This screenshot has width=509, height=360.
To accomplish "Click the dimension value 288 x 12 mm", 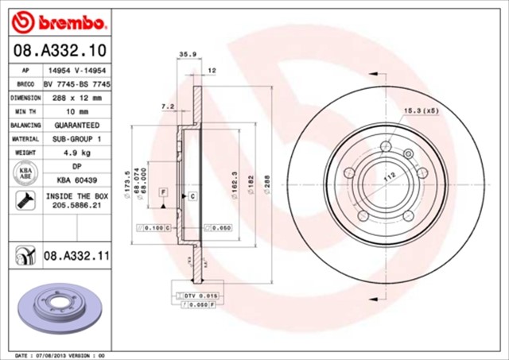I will (x=77, y=98).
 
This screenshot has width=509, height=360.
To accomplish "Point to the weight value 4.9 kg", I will (x=77, y=153).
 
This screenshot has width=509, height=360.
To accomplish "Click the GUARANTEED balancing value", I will (x=77, y=126).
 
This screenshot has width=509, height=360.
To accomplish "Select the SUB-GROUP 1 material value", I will (x=77, y=139).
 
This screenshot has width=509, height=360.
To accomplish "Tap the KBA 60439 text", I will (x=77, y=180).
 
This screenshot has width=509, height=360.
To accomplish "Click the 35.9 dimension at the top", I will (x=187, y=54).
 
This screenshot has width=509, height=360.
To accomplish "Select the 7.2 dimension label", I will (x=167, y=106).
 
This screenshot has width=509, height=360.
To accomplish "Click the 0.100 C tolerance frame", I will (x=155, y=228).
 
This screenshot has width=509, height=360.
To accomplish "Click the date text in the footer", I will (x=60, y=354).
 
